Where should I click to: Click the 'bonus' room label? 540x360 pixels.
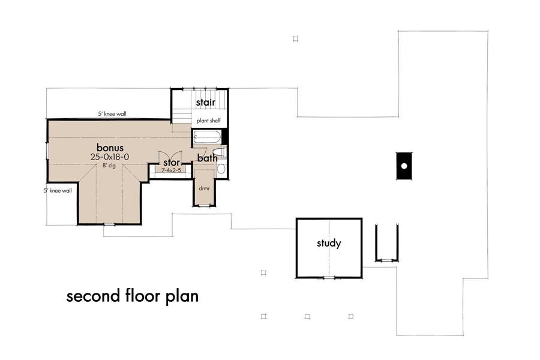click(110, 148)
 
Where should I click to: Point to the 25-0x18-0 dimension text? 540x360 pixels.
click(110, 157)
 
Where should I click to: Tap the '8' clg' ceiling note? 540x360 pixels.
click(109, 166)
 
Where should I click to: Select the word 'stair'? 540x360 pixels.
click(206, 103)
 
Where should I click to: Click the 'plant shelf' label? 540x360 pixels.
click(209, 121)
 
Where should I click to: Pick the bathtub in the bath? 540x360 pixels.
click(206, 137)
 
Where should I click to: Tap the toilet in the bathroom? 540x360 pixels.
click(219, 152)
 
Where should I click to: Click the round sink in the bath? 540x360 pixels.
click(221, 169)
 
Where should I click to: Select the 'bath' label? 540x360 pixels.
click(208, 158)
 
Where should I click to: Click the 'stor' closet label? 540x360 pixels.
click(172, 162)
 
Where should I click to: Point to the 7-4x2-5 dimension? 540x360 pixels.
click(171, 170)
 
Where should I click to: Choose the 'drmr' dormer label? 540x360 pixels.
click(204, 188)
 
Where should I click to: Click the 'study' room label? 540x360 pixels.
click(329, 243)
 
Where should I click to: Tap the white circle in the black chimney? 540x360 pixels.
click(404, 166)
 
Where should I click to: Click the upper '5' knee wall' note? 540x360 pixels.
click(112, 113)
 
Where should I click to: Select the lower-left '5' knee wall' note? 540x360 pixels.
click(58, 191)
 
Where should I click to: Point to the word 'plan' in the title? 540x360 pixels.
click(182, 297)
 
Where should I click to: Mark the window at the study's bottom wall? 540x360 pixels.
click(329, 277)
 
